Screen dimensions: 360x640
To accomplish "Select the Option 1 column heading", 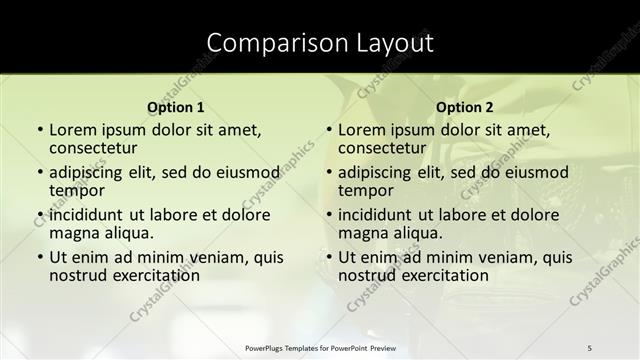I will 176,108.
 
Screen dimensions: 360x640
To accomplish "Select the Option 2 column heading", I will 465,108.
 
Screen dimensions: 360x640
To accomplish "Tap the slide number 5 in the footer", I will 589,347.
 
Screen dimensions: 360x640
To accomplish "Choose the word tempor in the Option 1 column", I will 76,190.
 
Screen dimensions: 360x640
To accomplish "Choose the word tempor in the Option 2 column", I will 365,190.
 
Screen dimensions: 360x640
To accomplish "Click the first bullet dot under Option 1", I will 39,131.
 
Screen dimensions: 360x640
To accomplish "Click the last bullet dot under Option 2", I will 328,258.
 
